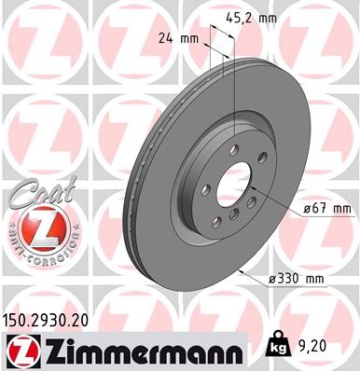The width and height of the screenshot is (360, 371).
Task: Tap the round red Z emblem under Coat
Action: (x=34, y=225)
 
